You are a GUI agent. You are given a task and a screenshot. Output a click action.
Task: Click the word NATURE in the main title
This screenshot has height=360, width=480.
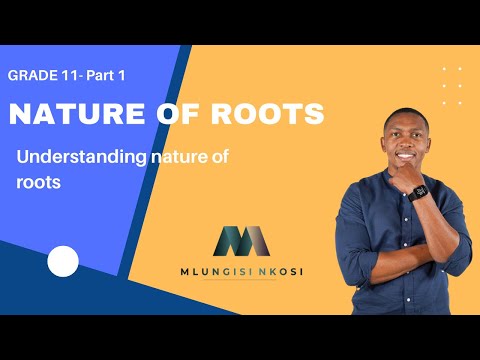click(x=61, y=115)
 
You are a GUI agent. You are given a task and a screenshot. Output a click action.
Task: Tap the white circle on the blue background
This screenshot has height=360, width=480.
click(x=63, y=262)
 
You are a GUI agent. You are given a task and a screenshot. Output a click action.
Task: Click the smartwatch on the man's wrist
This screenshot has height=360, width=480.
click(x=420, y=191)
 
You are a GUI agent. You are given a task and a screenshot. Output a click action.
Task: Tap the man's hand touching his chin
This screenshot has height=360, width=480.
click(x=407, y=172)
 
